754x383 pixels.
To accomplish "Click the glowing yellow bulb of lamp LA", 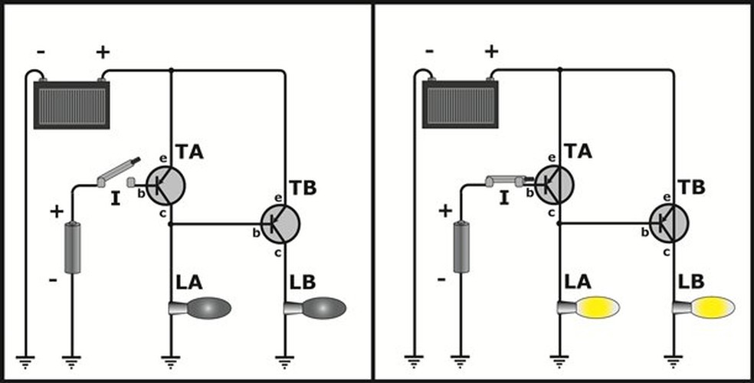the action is [x=598, y=308].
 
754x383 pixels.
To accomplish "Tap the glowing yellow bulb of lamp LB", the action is [x=713, y=308].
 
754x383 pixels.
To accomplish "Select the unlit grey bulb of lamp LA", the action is [x=208, y=308].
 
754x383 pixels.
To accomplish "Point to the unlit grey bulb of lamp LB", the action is [x=323, y=308].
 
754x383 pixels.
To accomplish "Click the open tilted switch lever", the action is [x=118, y=171].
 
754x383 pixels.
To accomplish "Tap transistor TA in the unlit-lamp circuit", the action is [x=165, y=185].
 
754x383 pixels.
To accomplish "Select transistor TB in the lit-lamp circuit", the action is [x=669, y=223].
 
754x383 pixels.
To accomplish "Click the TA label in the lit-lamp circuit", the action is [x=578, y=152].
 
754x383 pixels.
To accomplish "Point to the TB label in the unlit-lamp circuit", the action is [x=303, y=188].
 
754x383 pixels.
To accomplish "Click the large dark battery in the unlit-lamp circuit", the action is [x=72, y=103].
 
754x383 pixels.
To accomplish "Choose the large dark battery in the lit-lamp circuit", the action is [x=461, y=103].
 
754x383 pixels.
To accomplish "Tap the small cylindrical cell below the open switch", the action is [x=73, y=247].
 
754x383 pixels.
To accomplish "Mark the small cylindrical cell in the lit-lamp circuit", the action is [x=461, y=247].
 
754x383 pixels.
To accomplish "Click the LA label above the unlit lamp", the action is [x=189, y=283].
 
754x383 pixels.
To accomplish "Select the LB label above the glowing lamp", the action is [x=691, y=282].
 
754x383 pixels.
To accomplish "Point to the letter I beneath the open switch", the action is [x=116, y=198].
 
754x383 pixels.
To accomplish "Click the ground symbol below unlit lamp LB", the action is [x=285, y=361].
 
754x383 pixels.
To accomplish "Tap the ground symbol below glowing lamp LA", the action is [x=559, y=361].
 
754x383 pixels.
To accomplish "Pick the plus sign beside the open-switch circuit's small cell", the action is [x=57, y=211].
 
